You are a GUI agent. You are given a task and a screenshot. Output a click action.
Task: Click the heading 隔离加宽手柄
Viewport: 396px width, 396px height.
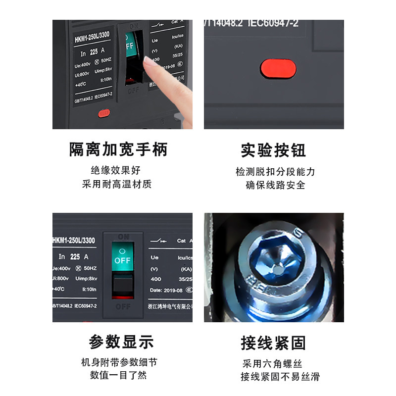[118, 149]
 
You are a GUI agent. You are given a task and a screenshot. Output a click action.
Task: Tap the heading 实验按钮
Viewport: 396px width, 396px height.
[273, 150]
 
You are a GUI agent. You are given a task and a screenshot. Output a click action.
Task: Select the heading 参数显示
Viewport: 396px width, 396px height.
[121, 342]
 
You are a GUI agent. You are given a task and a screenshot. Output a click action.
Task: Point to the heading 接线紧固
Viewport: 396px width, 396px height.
[273, 343]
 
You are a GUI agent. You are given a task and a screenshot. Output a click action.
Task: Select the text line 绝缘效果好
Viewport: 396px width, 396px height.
[116, 170]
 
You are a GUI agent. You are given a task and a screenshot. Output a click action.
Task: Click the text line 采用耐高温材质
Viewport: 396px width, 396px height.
[116, 184]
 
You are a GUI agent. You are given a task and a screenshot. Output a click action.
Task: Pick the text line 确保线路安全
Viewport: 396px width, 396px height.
[275, 185]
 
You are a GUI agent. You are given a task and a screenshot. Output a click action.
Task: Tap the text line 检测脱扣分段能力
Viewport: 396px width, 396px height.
[275, 172]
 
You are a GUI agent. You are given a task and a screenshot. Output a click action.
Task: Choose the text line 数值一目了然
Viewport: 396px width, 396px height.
[118, 375]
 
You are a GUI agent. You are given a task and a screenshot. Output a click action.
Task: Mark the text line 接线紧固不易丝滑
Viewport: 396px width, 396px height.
[280, 377]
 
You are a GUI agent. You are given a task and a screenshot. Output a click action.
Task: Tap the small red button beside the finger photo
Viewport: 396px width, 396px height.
[103, 114]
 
